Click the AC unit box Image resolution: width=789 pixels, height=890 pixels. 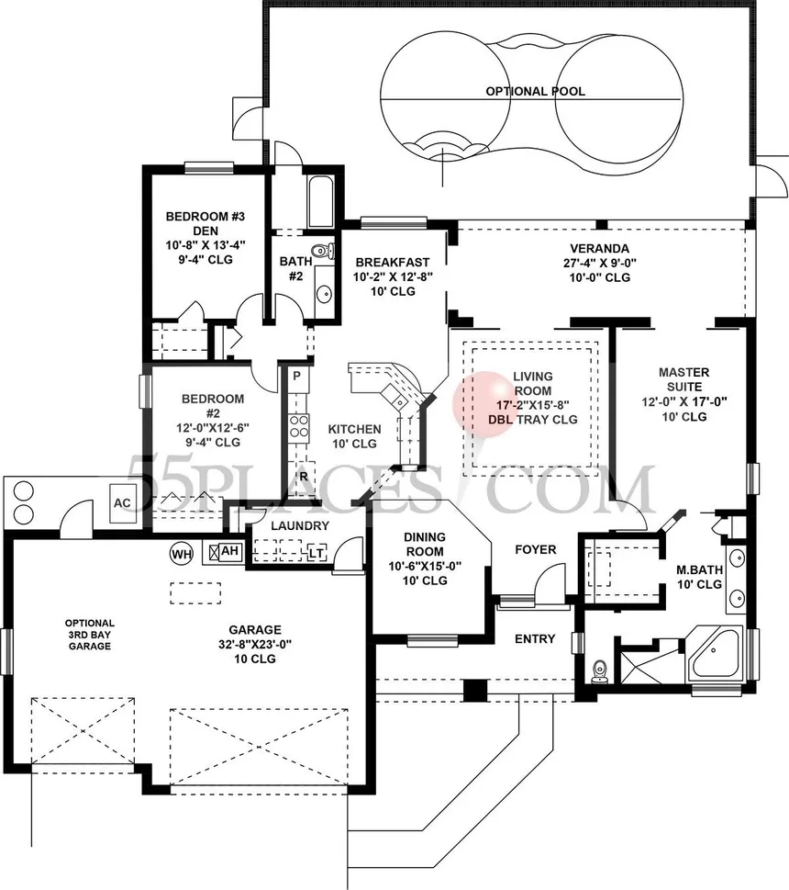(x=122, y=503)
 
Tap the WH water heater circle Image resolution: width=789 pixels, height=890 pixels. (x=182, y=554)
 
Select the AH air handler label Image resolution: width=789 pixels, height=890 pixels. (x=229, y=550)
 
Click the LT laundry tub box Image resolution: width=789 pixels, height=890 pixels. (x=317, y=551)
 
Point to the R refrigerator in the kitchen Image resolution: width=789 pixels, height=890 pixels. (x=304, y=477)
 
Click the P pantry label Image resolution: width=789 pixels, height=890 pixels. (x=296, y=376)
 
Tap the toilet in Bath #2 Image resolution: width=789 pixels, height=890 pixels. (x=324, y=251)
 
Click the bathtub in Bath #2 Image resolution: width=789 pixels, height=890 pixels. (x=321, y=201)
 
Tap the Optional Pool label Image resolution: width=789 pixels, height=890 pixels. (x=535, y=91)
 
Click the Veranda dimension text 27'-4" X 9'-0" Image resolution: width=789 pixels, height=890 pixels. (x=600, y=263)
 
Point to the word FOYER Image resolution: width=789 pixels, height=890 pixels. (x=536, y=549)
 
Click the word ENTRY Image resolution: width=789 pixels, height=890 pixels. (x=535, y=639)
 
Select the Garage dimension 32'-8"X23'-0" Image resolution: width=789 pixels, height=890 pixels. (x=255, y=644)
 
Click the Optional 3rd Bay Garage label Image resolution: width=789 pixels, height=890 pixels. (x=90, y=635)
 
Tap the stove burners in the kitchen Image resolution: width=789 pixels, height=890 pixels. (x=299, y=425)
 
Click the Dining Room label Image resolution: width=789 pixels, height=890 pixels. (x=425, y=544)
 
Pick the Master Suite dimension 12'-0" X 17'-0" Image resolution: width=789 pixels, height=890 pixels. (x=684, y=402)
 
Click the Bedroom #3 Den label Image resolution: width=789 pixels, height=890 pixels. (x=206, y=223)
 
